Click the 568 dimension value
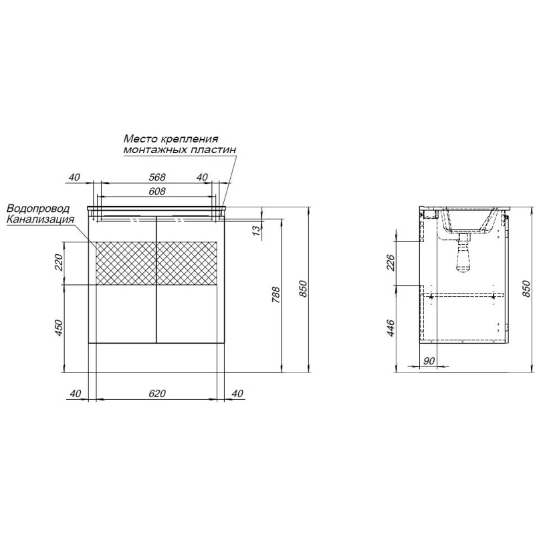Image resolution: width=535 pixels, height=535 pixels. coord(157,177)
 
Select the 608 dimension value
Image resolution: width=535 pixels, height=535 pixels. coord(157,191)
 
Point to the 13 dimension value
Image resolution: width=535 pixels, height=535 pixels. coord(257,229)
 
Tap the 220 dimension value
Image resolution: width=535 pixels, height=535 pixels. coord(60,262)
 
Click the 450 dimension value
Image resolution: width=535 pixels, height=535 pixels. coord(60,328)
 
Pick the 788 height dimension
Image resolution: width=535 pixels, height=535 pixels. coord(276,295)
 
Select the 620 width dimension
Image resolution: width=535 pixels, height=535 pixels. coord(157,393)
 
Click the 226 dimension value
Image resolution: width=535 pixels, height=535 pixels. coord(391,262)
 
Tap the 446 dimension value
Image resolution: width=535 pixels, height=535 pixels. coord(391,328)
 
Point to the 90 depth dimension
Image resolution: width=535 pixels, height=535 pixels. coord(430,360)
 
